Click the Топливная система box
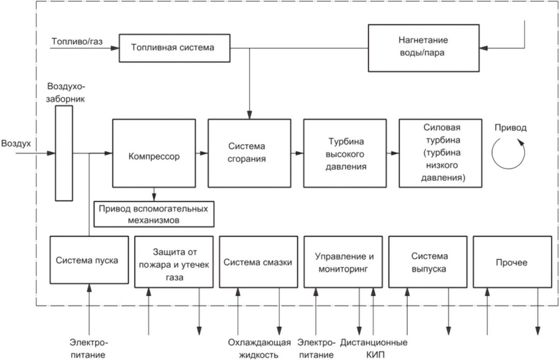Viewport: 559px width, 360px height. tap(174, 48)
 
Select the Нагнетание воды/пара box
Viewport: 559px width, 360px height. tap(424, 48)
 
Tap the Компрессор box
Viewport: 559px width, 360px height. tap(154, 153)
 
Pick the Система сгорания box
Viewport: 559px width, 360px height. tap(250, 153)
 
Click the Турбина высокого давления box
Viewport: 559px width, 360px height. tap(345, 153)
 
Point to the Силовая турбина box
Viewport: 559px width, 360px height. tap(441, 153)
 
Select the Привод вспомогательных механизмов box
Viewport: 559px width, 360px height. tap(154, 214)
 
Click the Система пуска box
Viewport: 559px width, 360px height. tap(89, 260)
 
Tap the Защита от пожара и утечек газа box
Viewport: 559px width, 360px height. tap(174, 262)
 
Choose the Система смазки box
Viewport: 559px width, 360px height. tap(258, 262)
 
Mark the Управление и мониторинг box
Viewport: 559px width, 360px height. tap(344, 262)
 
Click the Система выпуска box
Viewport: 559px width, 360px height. tap(428, 262)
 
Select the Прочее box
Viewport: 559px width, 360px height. tap(513, 262)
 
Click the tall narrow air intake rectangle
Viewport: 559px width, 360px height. tap(64, 153)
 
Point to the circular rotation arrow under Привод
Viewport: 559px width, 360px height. tap(492, 154)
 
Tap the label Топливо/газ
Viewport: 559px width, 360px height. tap(77, 41)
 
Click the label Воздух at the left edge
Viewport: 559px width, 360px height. tap(16, 144)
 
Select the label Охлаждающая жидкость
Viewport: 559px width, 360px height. tap(259, 349)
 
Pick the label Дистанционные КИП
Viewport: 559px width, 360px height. tap(374, 349)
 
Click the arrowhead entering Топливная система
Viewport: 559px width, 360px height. tap(115, 48)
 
